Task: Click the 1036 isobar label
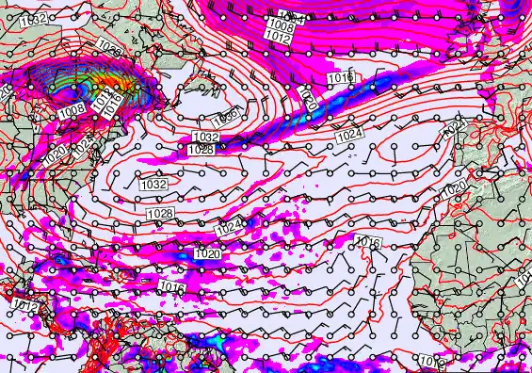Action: [x=225, y=116]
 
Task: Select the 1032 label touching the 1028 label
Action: [x=205, y=138]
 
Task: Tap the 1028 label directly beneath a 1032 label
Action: [x=201, y=150]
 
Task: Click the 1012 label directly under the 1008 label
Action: [x=278, y=37]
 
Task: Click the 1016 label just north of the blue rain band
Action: [x=340, y=75]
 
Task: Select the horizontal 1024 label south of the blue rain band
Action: [x=349, y=136]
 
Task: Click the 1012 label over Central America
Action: [x=25, y=306]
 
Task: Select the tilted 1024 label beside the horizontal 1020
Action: [x=227, y=229]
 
